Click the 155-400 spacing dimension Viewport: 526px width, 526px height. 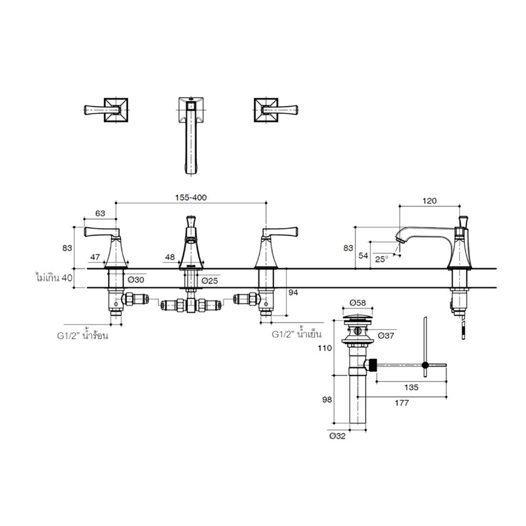pos(191,198)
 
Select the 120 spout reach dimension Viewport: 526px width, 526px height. pos(429,200)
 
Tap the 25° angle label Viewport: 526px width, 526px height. pos(381,259)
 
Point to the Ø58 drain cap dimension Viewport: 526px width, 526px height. pos(358,302)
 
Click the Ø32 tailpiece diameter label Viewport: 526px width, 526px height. pos(337,436)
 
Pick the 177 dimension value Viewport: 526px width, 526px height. pos(401,402)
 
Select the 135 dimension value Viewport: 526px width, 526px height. pos(411,388)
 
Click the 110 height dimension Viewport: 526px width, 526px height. pos(325,348)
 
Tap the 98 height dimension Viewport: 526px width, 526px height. pos(327,400)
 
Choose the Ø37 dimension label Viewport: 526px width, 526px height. pos(386,335)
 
